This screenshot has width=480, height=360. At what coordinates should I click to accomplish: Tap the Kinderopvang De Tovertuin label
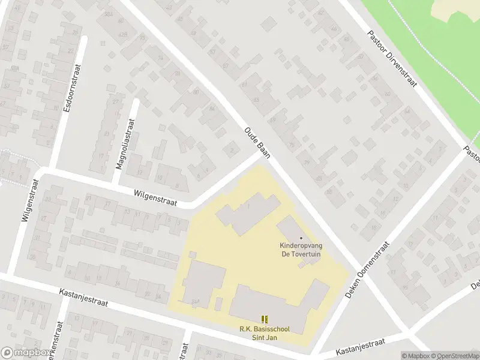[x=301, y=250]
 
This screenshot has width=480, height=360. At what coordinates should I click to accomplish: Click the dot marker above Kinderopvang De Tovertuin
[x=301, y=238]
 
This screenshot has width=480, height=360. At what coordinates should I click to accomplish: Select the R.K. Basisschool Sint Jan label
[x=264, y=333]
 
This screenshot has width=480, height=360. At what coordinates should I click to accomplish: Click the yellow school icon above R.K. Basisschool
[x=265, y=319]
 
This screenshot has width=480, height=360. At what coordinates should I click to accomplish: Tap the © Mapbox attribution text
[x=416, y=356]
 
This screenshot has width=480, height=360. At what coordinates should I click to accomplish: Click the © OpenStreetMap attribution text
[x=455, y=356]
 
